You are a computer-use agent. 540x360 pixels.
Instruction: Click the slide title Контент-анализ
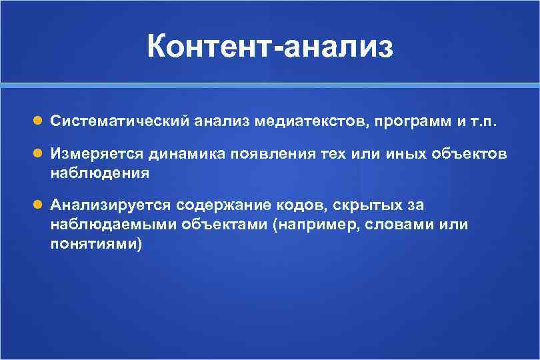tap(270, 48)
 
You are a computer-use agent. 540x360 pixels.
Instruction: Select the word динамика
tap(181, 155)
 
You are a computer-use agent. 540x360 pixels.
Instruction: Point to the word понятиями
tap(96, 243)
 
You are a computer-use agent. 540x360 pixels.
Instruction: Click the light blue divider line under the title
tap(270, 85)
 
